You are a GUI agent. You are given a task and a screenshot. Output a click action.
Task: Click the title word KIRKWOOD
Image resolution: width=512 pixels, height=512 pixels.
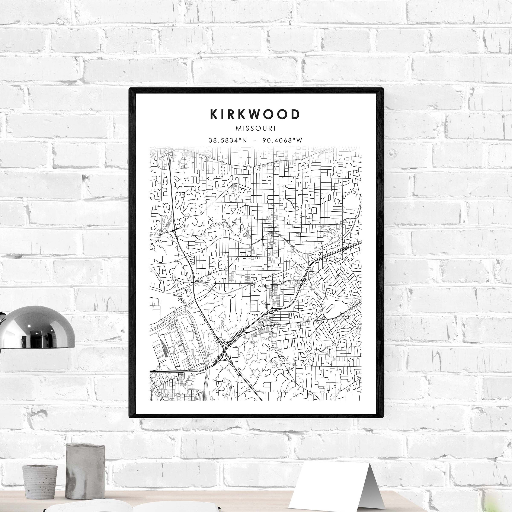tap(255, 114)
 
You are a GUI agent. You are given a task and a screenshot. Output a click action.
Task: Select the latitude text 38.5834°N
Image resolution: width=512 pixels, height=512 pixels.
tap(228, 140)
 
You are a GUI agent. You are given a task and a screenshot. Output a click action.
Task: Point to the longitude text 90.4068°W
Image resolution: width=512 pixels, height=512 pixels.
tap(282, 140)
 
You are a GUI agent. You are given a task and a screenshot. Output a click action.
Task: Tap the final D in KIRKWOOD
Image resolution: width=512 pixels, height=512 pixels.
tap(296, 114)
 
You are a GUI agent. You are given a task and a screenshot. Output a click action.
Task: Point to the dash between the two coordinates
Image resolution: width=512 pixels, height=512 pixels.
tap(255, 141)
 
